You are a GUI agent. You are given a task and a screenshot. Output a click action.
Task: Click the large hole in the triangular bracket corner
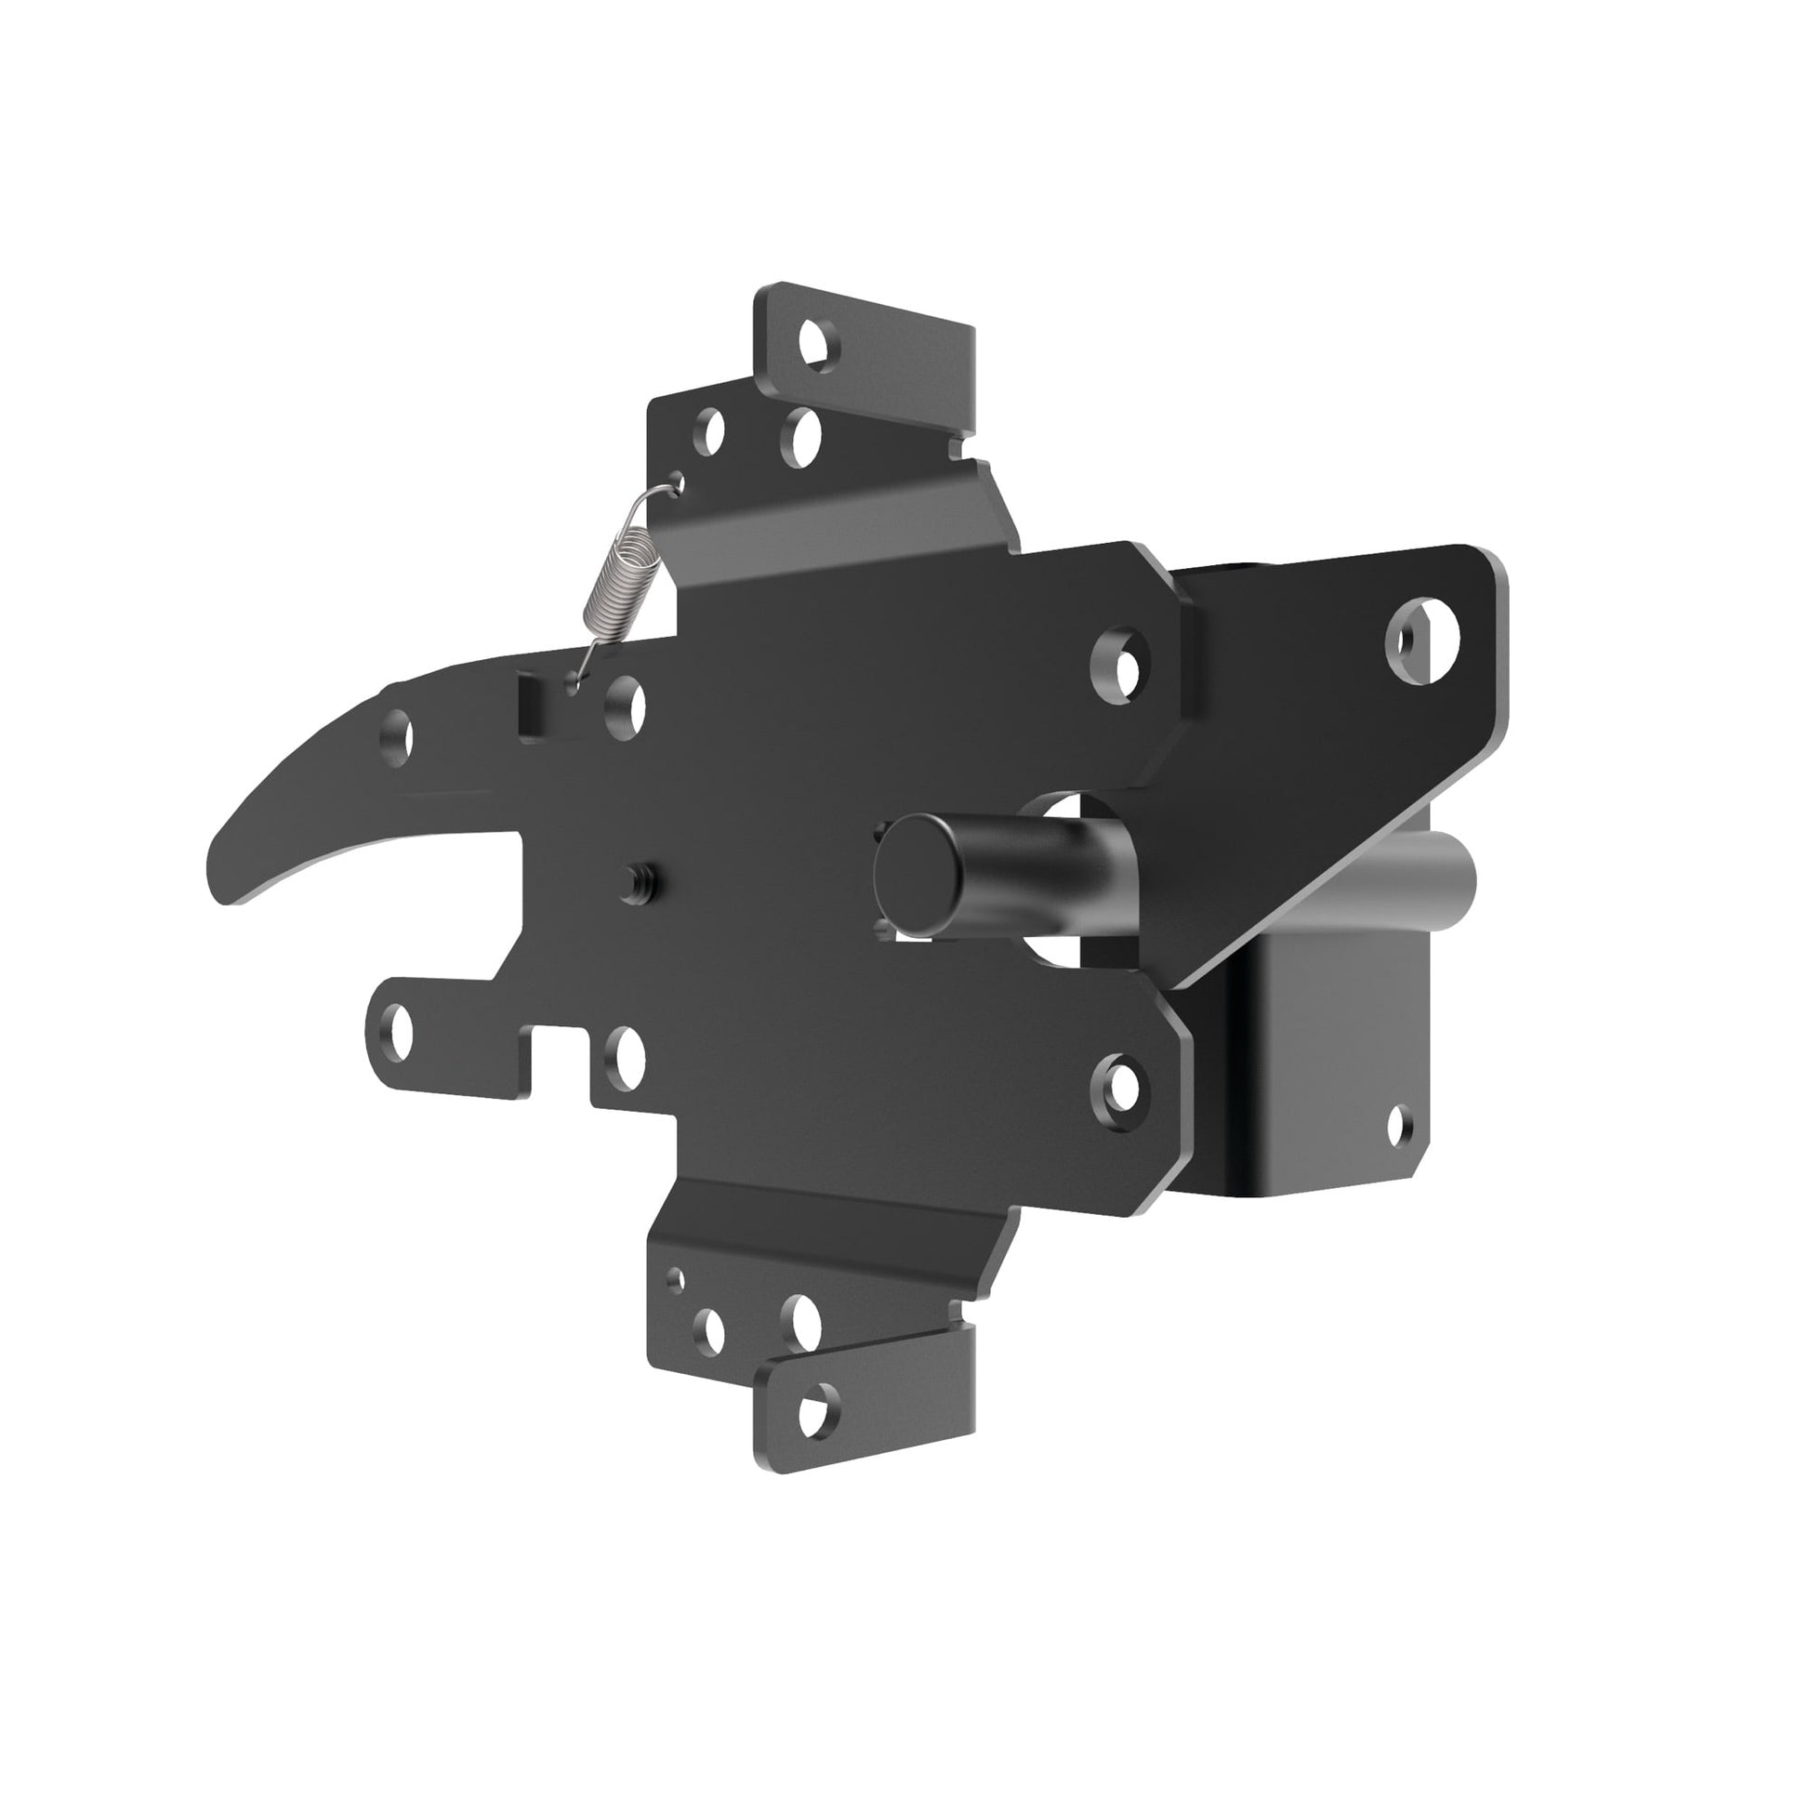[x=1421, y=641]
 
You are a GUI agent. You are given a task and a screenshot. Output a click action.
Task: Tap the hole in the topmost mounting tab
[x=818, y=344]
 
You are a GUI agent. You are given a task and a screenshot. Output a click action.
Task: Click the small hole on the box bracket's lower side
[x=1401, y=1125]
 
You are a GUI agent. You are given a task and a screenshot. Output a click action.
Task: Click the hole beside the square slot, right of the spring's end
[x=625, y=705]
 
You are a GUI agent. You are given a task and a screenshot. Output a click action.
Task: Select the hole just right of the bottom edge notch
[x=625, y=1055]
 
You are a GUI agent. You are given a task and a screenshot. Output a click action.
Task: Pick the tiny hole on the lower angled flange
[x=675, y=1280]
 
